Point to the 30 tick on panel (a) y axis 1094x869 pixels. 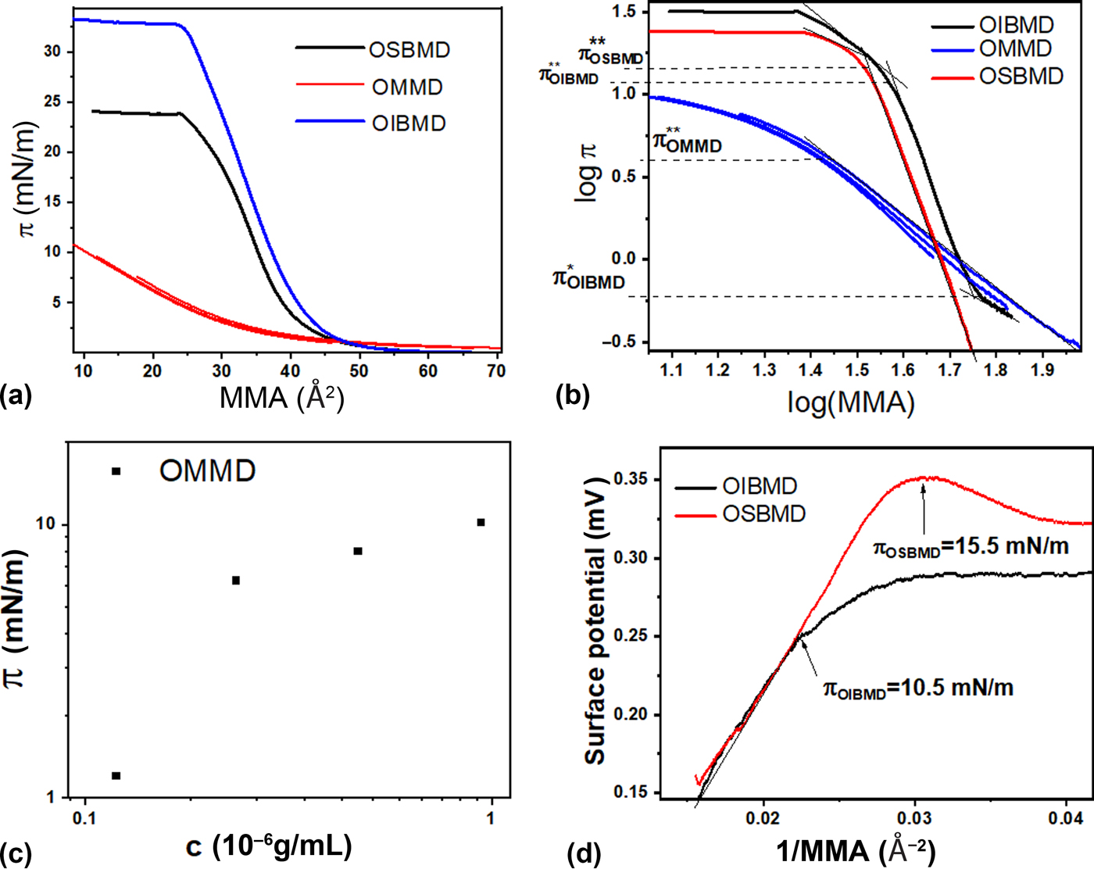(x=52, y=52)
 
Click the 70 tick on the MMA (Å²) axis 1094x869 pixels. (x=496, y=371)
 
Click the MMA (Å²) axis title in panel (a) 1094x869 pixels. (x=282, y=398)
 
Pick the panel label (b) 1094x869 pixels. (x=572, y=396)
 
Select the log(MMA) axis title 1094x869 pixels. (x=850, y=402)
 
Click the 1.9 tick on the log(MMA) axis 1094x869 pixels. (x=1042, y=370)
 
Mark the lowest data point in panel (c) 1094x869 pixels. (x=116, y=776)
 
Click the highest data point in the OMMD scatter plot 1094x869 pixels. (x=481, y=522)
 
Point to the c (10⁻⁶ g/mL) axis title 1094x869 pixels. (x=269, y=846)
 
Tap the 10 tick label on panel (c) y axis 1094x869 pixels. (x=48, y=524)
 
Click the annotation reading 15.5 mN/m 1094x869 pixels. (x=971, y=547)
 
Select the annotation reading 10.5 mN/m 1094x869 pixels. (x=918, y=688)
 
